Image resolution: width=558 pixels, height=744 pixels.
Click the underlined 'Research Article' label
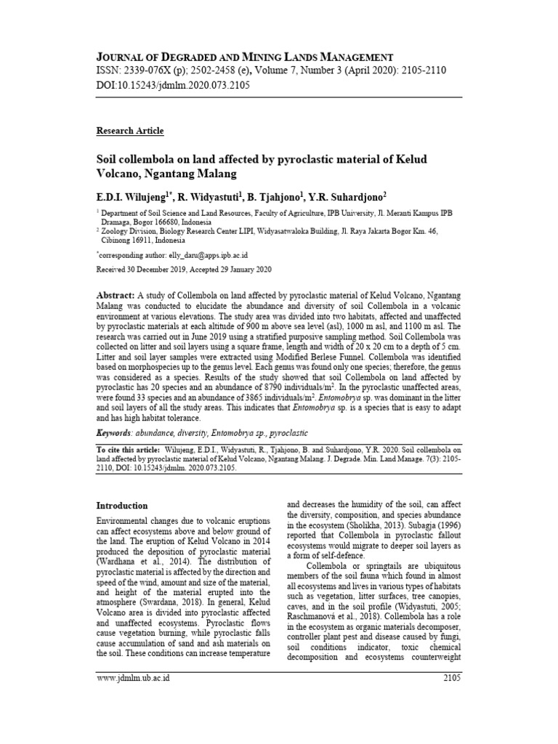pos(130,131)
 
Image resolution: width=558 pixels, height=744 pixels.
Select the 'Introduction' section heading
pos(122,505)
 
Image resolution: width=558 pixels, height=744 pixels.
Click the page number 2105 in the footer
pos(450,678)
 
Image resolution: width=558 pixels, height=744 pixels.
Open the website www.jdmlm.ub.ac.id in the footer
pos(133,678)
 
